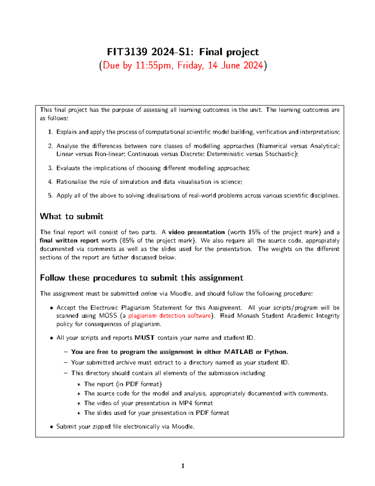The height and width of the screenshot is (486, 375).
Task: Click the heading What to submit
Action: (x=72, y=216)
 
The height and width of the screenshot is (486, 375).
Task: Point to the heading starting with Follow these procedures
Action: (x=141, y=278)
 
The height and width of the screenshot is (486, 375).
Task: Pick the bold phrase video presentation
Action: (x=196, y=232)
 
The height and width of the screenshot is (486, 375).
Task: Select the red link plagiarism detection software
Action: (x=170, y=316)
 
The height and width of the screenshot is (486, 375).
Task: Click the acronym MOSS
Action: (x=108, y=316)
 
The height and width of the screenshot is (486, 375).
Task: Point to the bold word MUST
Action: (x=144, y=338)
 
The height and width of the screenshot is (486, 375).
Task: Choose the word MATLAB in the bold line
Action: (x=238, y=352)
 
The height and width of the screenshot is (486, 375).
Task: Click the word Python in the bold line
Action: (x=276, y=352)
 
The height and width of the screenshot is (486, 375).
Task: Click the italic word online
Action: (x=149, y=294)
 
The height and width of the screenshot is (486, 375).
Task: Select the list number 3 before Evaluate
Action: (x=50, y=168)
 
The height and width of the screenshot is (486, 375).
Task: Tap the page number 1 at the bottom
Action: (x=183, y=466)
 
